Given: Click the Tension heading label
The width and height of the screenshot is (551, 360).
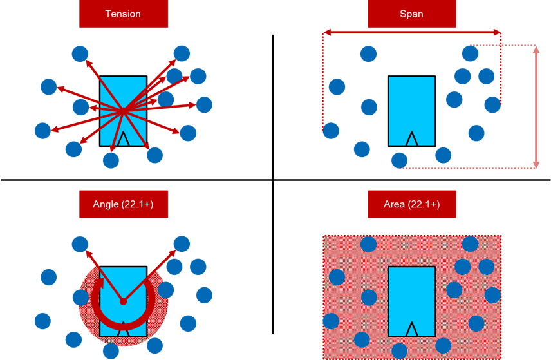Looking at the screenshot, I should [123, 14].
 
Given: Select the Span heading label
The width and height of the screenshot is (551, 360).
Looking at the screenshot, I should [411, 14].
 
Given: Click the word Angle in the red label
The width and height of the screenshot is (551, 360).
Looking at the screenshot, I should [106, 204].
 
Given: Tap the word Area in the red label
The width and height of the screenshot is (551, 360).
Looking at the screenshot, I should [395, 204].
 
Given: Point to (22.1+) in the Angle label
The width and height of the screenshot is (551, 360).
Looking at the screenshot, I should [136, 204].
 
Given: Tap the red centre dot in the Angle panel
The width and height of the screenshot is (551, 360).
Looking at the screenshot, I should [123, 301].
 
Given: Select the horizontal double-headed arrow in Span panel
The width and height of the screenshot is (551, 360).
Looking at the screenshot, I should [411, 32].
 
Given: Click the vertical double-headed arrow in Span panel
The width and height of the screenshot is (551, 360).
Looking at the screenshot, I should [537, 106].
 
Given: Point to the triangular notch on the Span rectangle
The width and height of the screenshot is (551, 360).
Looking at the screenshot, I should [411, 138].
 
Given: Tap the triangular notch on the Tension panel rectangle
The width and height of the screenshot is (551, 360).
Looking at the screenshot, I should [123, 138].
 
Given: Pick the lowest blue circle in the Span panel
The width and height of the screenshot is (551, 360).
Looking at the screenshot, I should [399, 160].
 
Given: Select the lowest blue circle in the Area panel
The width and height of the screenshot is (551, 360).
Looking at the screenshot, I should [399, 351].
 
